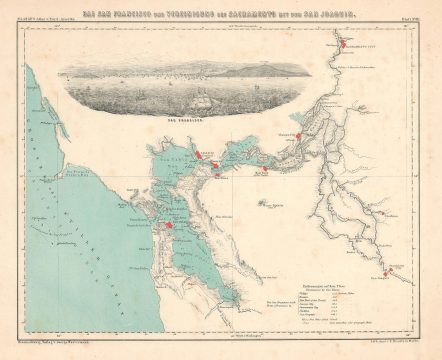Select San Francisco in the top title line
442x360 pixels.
(109, 12)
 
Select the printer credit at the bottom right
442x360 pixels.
(370, 343)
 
